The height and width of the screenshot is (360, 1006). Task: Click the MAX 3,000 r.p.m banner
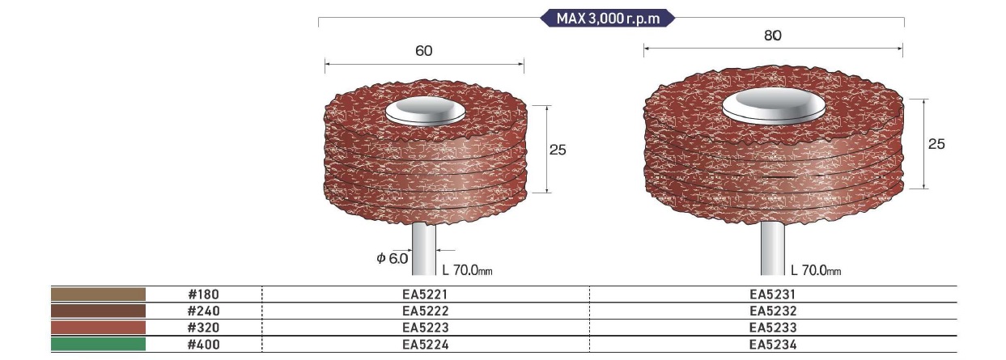coord(608,19)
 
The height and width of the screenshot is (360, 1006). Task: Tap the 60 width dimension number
coord(423,51)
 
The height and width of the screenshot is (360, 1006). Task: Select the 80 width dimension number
coord(772,36)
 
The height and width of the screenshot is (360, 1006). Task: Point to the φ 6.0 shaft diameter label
coord(392,259)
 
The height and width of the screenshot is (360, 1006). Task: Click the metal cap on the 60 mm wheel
coord(426,111)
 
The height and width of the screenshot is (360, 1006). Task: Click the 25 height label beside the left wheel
coord(558,150)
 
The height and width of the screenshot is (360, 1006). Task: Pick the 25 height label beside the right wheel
coord(936,144)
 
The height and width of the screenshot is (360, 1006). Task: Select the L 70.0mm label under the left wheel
coord(467,270)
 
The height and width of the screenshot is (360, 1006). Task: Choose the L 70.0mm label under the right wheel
coord(816,270)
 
